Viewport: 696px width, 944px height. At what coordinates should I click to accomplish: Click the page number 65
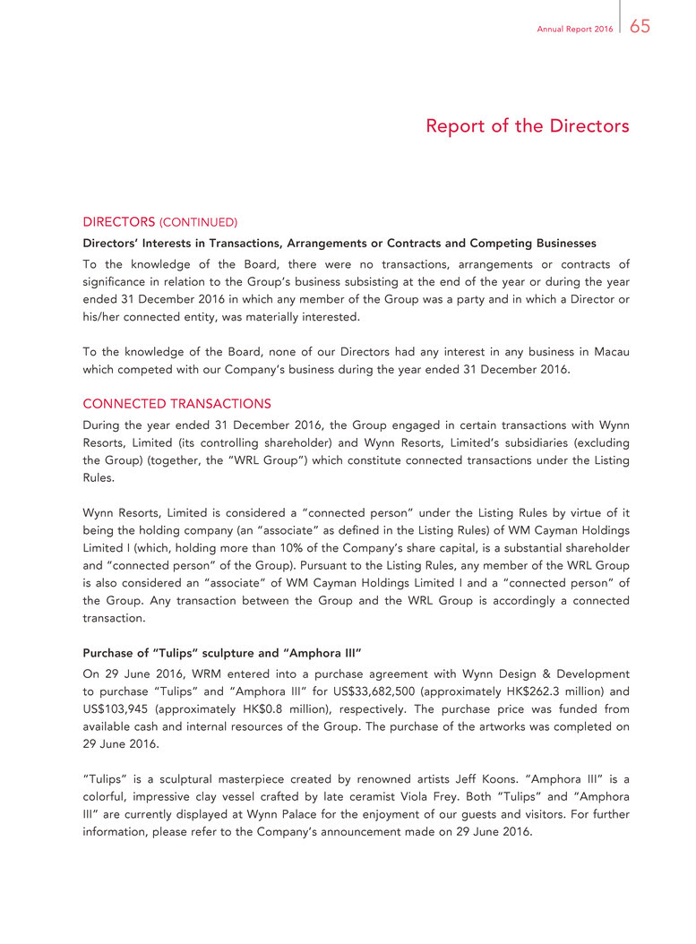tap(640, 27)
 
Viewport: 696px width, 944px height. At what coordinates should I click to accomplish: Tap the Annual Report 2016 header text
tap(575, 30)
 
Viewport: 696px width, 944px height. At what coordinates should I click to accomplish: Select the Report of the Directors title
tap(527, 126)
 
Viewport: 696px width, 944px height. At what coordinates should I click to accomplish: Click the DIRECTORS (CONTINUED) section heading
tap(159, 221)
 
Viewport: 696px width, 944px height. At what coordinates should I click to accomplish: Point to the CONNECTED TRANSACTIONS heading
tap(176, 403)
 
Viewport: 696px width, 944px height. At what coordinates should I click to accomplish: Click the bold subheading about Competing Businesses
tap(339, 243)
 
